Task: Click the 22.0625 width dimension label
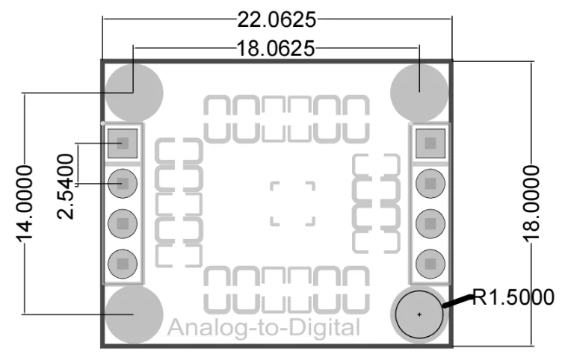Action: pyautogui.click(x=277, y=19)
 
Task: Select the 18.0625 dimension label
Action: pyautogui.click(x=276, y=49)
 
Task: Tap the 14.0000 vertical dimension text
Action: pyautogui.click(x=25, y=203)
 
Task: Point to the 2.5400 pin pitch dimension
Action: pyautogui.click(x=66, y=186)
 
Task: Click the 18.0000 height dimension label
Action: pyautogui.click(x=531, y=203)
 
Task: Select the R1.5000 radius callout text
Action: pyautogui.click(x=513, y=297)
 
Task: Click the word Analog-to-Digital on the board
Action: pyautogui.click(x=264, y=328)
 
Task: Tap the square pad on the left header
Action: pyautogui.click(x=123, y=143)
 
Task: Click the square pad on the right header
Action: pyautogui.click(x=430, y=143)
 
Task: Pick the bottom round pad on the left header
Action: pyautogui.click(x=123, y=264)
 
